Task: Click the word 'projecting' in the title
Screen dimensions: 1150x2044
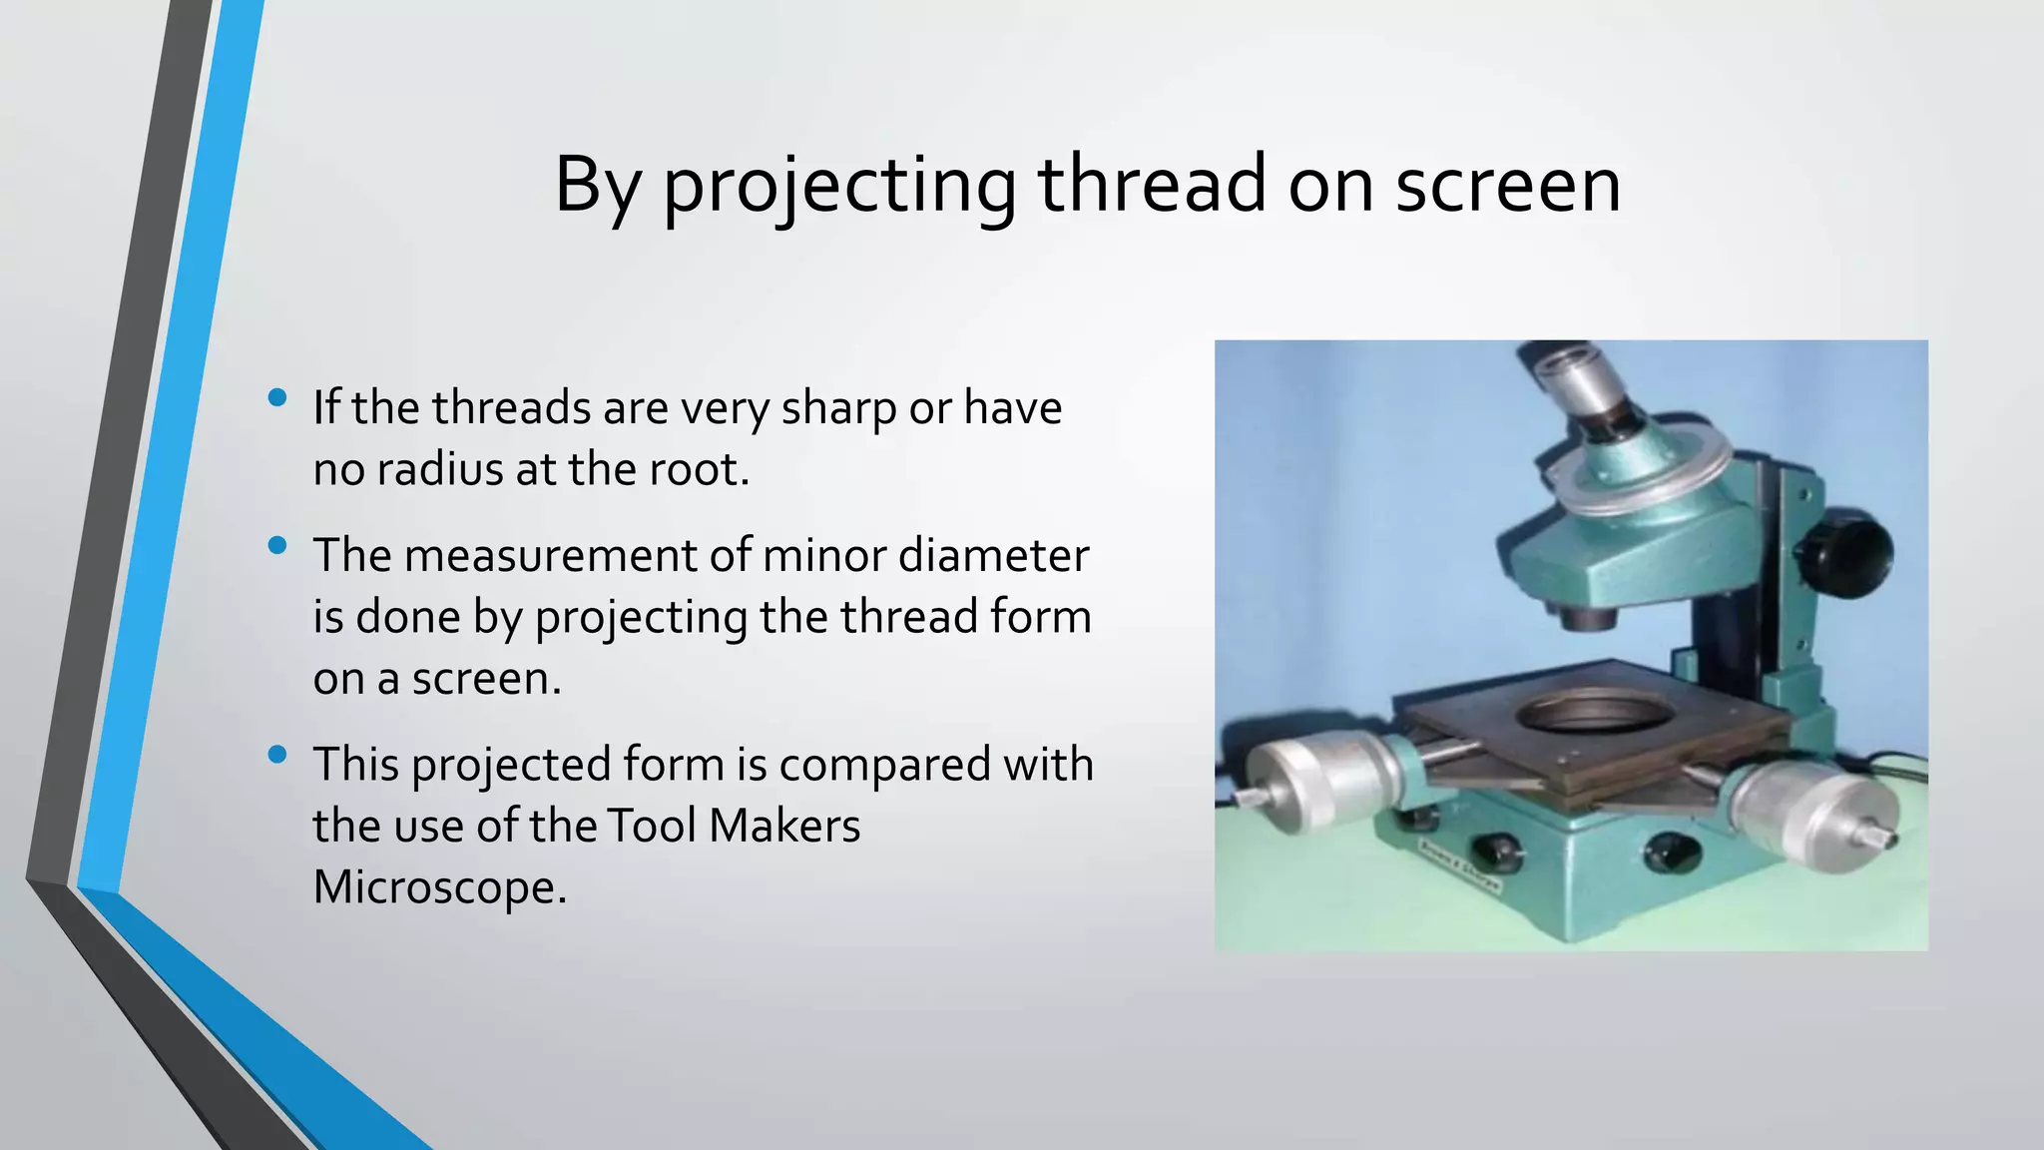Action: [x=839, y=186]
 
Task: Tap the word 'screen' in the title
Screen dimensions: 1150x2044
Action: [x=1507, y=186]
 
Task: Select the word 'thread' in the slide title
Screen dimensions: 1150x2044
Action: [x=1152, y=186]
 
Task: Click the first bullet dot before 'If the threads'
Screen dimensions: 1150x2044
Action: [x=277, y=398]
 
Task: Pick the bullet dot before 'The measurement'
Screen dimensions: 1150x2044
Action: [x=277, y=545]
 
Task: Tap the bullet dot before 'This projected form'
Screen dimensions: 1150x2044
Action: [x=277, y=755]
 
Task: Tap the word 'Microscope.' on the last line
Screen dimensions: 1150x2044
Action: [x=439, y=886]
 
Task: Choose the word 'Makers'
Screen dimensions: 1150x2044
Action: [x=784, y=826]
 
